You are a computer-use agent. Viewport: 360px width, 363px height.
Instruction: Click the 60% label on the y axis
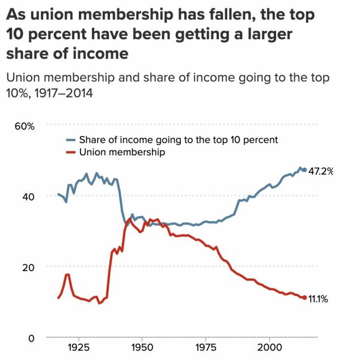point(24,126)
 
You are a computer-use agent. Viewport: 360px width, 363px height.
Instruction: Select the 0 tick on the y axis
point(31,339)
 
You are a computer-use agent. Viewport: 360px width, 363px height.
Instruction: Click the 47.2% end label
point(321,171)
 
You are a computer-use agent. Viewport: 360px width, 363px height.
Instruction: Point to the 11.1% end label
point(319,298)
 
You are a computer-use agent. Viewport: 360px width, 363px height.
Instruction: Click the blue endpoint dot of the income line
point(304,170)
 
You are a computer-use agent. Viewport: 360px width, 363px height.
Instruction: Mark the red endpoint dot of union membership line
point(304,297)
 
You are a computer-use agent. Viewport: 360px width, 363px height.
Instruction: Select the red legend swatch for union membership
point(71,152)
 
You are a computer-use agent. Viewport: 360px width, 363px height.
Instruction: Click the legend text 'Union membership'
point(122,152)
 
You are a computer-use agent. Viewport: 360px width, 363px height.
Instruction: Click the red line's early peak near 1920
point(67,275)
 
